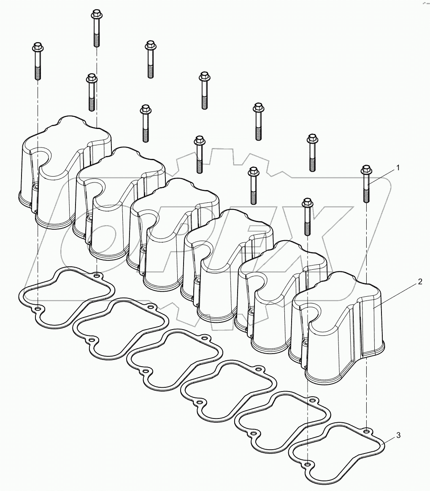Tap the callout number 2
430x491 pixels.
click(420, 282)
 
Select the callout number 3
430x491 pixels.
click(398, 435)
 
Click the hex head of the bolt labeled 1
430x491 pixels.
click(365, 170)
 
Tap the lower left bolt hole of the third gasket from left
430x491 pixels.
click(146, 371)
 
